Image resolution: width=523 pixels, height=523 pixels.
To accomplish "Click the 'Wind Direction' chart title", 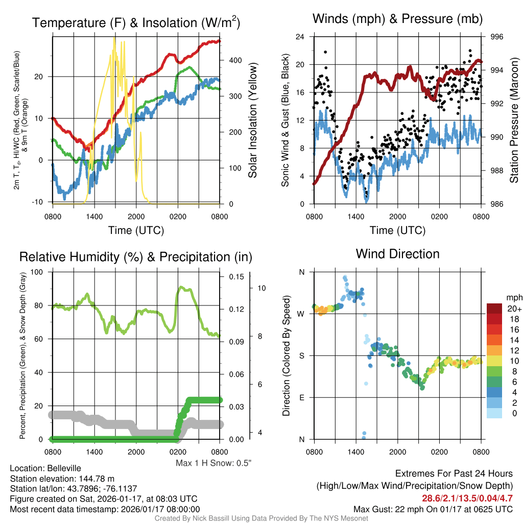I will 397,254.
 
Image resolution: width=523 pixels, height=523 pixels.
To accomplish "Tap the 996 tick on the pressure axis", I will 497,37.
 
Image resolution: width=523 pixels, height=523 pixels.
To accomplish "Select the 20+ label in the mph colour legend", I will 513,309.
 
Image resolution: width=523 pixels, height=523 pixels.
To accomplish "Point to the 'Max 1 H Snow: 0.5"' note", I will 213,463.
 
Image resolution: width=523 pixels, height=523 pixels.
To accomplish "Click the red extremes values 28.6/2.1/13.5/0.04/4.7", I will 467,498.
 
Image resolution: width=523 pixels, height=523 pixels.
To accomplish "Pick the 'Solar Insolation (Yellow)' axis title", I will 252,121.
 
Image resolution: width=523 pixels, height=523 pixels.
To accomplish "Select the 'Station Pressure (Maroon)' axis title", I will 514,121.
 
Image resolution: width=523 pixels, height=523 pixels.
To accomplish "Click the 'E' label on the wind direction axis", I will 301,397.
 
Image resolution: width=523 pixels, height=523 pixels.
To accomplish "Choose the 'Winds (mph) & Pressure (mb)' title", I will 397,19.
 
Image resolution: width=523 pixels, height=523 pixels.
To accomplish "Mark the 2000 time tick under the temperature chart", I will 136,217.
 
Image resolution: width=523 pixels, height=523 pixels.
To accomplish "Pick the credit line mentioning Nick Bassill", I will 261,518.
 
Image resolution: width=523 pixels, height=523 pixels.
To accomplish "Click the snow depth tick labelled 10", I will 262,288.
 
